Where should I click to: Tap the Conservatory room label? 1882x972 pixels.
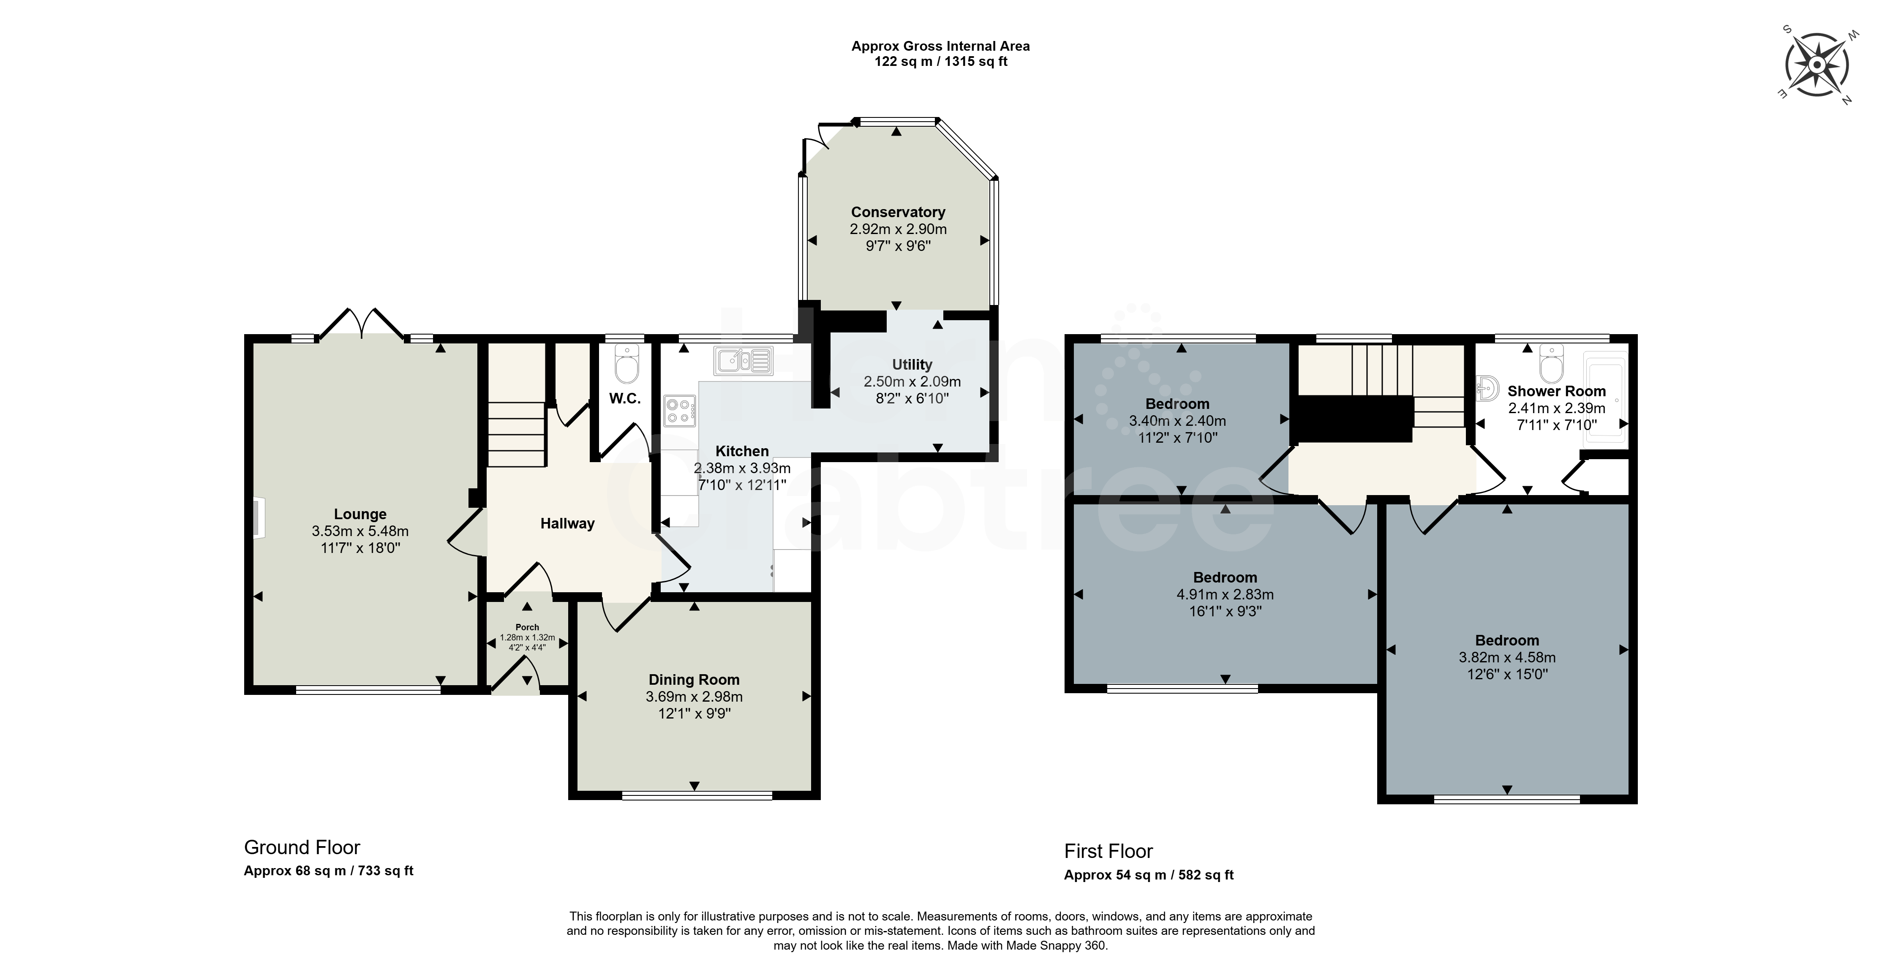point(898,212)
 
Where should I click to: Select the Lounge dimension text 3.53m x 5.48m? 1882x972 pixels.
point(360,531)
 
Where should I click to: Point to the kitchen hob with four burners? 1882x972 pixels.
point(680,410)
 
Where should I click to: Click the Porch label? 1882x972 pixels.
point(528,627)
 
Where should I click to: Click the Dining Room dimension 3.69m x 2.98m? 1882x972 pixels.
point(694,697)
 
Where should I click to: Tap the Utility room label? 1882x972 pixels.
point(912,364)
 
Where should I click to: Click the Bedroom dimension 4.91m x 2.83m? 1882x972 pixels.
point(1225,594)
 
